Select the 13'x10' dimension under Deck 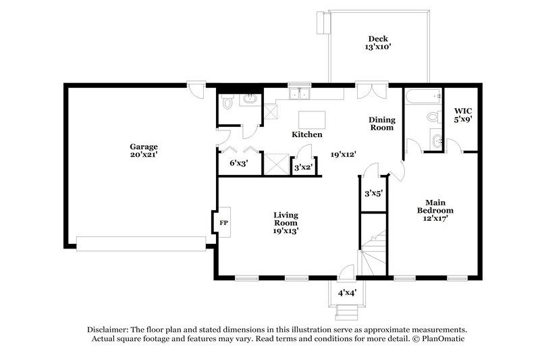click(378, 47)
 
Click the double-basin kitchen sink click(299, 94)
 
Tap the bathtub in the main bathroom click(421, 97)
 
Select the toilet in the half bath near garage click(229, 103)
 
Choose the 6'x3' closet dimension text click(238, 163)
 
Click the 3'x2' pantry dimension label click(302, 166)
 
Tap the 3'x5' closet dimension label click(373, 193)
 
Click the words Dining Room click(381, 124)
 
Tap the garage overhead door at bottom click(141, 243)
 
